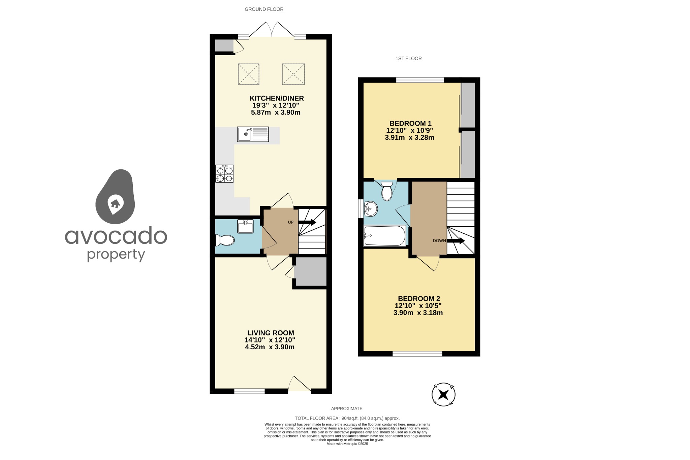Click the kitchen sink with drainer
[253, 134]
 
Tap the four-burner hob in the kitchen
[224, 174]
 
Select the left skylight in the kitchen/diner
[249, 74]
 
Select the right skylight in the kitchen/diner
[293, 74]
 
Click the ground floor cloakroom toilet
[225, 240]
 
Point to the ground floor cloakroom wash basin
[245, 226]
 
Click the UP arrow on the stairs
[307, 222]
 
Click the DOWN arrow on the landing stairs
[456, 241]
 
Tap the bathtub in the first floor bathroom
[385, 236]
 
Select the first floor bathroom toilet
[387, 191]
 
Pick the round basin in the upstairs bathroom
[371, 209]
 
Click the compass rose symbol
[443, 394]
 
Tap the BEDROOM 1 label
[410, 124]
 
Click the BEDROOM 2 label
[419, 299]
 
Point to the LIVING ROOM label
[271, 333]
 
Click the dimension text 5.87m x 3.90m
[276, 112]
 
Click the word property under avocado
[116, 255]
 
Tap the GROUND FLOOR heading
[264, 9]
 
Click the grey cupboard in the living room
[310, 271]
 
